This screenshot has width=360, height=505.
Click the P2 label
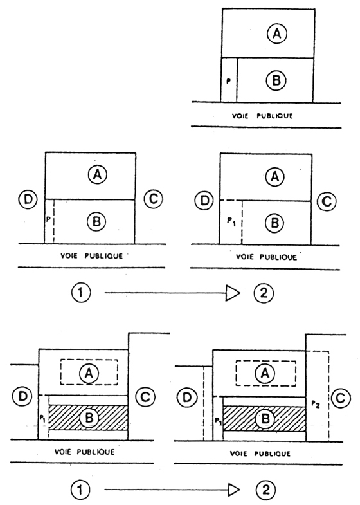(x=316, y=405)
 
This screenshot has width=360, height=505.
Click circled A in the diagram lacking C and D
(x=277, y=33)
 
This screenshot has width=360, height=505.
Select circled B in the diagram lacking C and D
(x=276, y=80)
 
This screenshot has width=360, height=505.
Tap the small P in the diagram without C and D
(x=229, y=81)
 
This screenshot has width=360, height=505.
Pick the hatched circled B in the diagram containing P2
(x=265, y=419)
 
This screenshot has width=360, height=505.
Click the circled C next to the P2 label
(x=340, y=399)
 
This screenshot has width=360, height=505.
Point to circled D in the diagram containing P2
(x=187, y=398)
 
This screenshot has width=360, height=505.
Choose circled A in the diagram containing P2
(x=265, y=373)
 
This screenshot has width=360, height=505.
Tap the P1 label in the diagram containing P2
(x=219, y=421)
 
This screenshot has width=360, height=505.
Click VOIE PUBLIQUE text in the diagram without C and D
(x=262, y=116)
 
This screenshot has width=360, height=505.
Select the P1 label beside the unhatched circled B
(x=231, y=221)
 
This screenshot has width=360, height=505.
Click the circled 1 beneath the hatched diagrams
(x=80, y=490)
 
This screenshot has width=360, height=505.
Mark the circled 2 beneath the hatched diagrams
(x=265, y=490)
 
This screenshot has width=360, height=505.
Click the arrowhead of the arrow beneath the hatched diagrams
(x=234, y=490)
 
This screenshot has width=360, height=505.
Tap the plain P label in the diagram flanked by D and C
(x=48, y=219)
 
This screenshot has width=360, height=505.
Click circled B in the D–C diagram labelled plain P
(x=96, y=221)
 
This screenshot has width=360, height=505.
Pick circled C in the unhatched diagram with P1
(x=327, y=201)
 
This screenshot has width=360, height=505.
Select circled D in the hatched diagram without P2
(x=23, y=396)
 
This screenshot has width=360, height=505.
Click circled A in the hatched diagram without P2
(x=89, y=372)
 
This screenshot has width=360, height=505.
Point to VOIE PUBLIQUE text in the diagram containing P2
(x=260, y=454)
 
